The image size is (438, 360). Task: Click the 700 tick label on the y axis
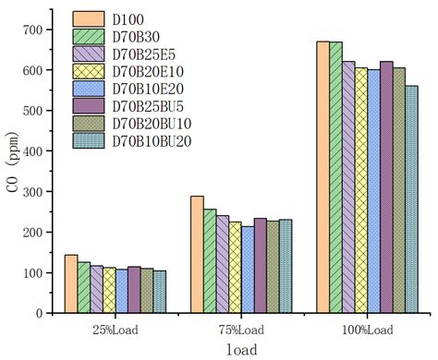32,30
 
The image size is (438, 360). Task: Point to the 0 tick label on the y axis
40,314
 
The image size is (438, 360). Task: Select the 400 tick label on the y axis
32,151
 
